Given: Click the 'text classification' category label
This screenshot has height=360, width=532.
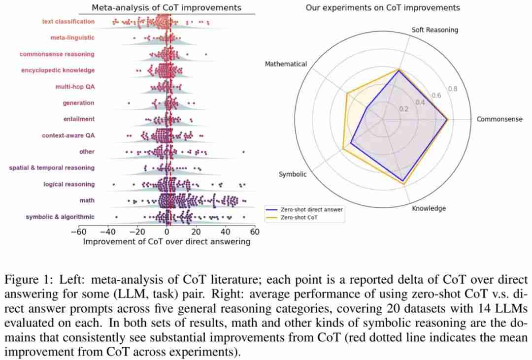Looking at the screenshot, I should point(68,22).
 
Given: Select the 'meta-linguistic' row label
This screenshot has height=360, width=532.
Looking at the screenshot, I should point(72,38).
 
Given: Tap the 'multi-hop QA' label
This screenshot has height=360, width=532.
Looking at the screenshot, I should point(75,87).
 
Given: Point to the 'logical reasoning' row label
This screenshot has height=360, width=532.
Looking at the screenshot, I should point(68,184).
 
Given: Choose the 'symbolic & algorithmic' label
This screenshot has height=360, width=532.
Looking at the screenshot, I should point(60,217).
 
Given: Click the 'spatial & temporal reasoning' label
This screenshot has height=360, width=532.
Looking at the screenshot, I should point(52,168).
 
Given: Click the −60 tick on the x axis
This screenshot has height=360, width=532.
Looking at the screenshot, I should point(79,232).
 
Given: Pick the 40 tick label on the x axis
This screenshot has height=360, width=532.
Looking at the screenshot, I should point(225,232).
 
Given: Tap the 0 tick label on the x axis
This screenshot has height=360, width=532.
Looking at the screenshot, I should point(167,232).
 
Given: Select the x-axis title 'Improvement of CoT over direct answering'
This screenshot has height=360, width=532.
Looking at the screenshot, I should point(166,242).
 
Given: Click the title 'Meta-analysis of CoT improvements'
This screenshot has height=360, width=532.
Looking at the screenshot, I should point(166,7).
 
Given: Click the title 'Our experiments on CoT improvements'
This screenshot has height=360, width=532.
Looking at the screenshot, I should point(383,7).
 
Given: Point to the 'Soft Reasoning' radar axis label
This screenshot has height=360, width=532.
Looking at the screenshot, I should point(434,30).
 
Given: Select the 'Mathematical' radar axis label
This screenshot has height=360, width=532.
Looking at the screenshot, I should point(286,64).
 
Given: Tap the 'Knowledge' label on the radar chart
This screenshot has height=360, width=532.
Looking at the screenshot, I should point(429,208).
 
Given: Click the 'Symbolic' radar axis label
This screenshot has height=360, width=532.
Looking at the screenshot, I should point(293,174).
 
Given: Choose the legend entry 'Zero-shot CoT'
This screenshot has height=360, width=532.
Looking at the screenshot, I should point(299,217).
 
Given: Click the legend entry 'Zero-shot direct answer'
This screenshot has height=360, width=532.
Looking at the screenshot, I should point(311,209).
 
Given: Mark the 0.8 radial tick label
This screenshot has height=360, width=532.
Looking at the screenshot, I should point(452,89).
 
